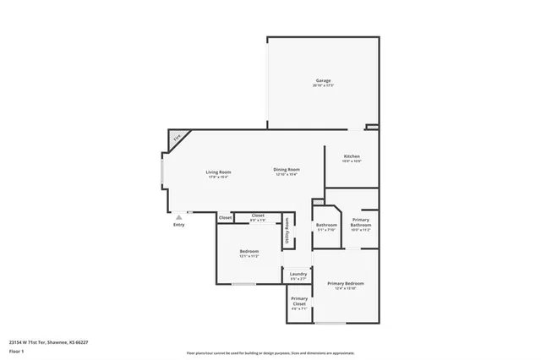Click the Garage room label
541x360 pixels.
tap(323, 80)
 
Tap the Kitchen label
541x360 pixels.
tap(352, 156)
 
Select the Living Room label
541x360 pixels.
tap(218, 172)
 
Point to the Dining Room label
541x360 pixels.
tap(287, 170)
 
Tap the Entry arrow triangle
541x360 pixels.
tap(178, 217)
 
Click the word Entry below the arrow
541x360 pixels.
tap(178, 225)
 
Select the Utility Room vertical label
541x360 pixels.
tap(287, 231)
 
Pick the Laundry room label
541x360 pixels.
tap(298, 274)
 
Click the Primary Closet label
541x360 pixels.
tap(299, 301)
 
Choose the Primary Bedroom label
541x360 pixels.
tap(346, 283)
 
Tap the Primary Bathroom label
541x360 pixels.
tap(361, 223)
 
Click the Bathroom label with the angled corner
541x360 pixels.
tap(326, 225)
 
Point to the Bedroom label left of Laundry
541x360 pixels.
tap(249, 252)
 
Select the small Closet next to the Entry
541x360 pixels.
tap(225, 218)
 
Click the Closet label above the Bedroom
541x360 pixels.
tap(258, 215)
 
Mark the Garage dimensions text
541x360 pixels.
tap(323, 86)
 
